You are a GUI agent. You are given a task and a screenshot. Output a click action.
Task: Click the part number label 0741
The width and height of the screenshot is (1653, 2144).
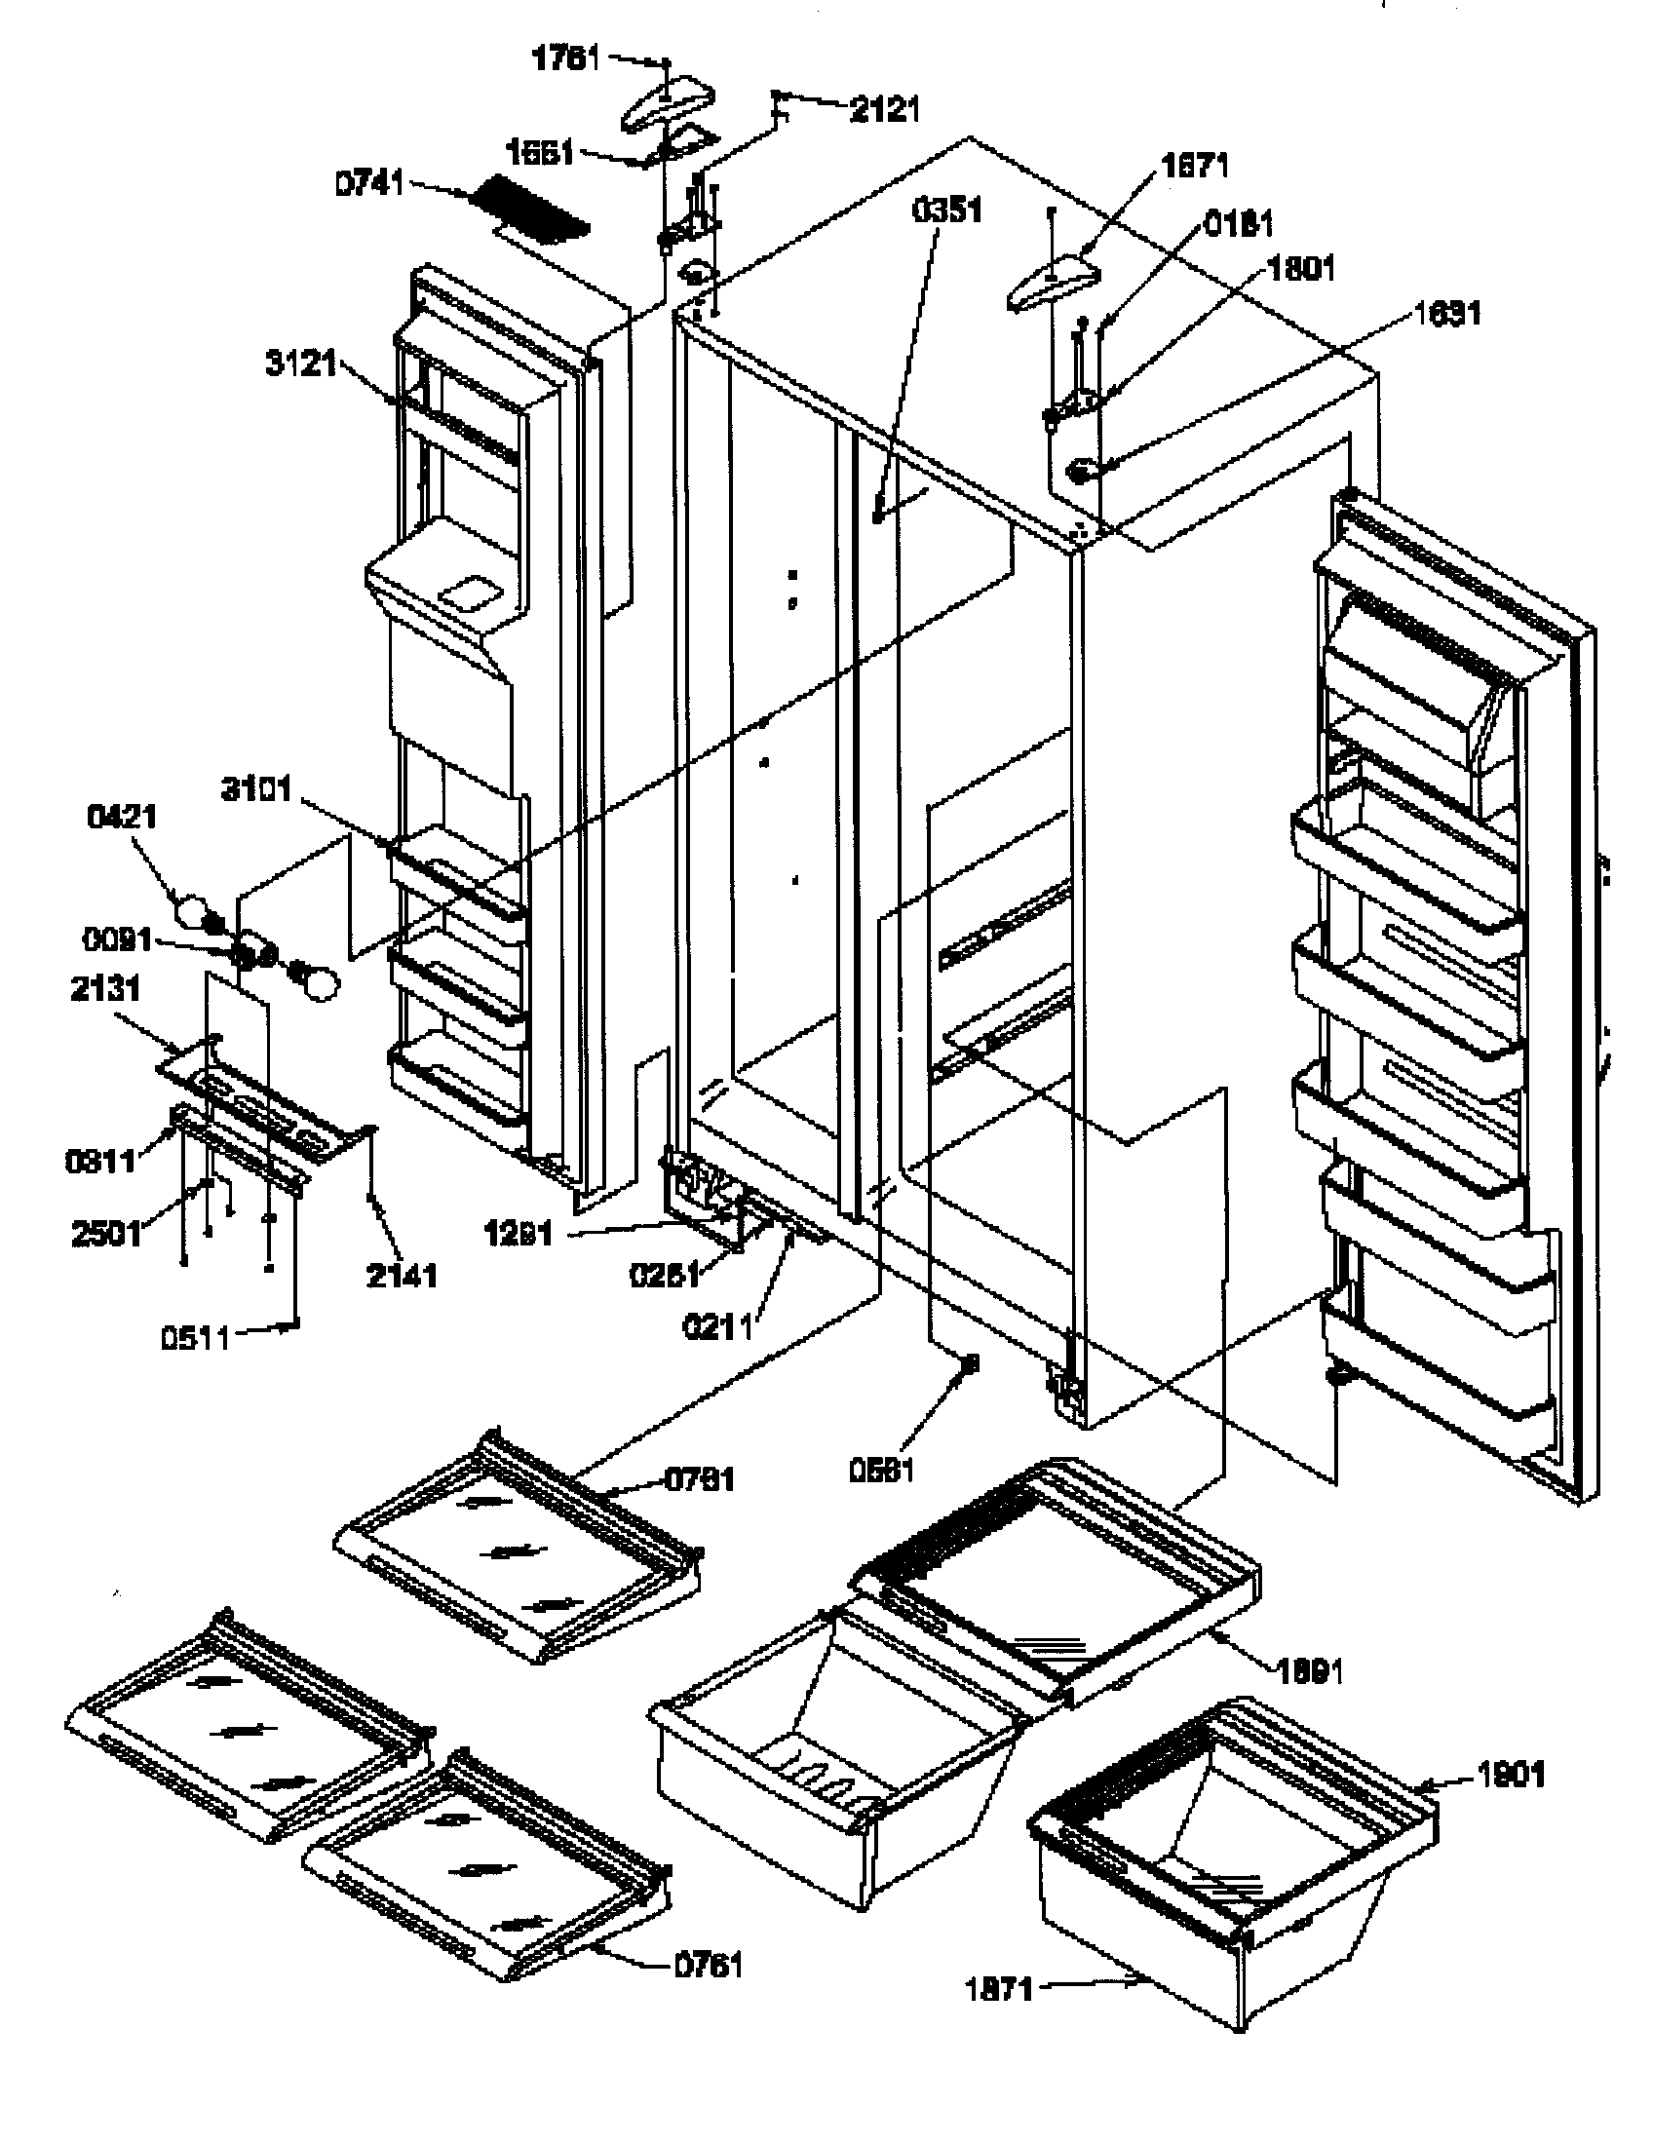click(x=369, y=182)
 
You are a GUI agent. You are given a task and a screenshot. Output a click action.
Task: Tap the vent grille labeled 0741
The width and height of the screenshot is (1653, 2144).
click(x=531, y=213)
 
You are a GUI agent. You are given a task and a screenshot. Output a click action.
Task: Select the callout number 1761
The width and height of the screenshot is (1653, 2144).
click(x=566, y=58)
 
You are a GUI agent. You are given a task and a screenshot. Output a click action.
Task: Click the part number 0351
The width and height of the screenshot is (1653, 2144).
click(x=947, y=211)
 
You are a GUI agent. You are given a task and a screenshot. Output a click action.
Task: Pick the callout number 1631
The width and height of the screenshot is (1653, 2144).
click(x=1447, y=314)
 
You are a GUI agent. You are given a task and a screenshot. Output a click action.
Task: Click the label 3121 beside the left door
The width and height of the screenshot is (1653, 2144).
click(x=301, y=364)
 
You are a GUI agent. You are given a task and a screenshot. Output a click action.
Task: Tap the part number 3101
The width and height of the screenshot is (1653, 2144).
click(x=256, y=788)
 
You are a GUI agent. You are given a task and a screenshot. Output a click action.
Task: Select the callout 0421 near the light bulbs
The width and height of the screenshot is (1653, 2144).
click(x=123, y=816)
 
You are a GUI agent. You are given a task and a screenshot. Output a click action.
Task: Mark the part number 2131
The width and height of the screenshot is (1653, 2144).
click(x=105, y=988)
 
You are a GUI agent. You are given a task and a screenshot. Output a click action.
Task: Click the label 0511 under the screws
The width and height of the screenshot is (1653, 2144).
click(x=195, y=1337)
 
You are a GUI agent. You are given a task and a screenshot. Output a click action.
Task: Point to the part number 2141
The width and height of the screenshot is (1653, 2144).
click(x=402, y=1277)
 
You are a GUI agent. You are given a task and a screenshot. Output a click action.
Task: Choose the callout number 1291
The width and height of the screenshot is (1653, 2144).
click(x=518, y=1233)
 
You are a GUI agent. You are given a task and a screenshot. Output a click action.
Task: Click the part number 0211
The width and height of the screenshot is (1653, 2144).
click(x=717, y=1326)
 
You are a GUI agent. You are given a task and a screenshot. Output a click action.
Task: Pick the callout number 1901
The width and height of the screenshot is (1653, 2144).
click(x=1511, y=1775)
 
